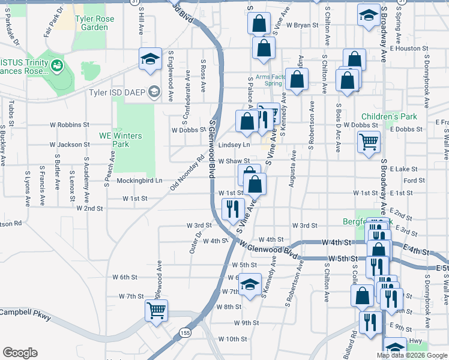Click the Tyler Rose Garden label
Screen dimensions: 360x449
[x=91, y=23]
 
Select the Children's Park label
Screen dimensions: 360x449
[x=389, y=116]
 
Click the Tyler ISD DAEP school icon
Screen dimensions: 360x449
[x=154, y=92]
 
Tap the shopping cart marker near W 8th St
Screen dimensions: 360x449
[x=156, y=311]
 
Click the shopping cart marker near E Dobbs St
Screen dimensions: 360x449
[x=369, y=143]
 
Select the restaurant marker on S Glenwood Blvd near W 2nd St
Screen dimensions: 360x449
[x=232, y=209]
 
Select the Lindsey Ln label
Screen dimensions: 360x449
[x=234, y=145]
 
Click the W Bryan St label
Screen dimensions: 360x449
[x=302, y=25]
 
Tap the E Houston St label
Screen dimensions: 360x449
[x=407, y=48]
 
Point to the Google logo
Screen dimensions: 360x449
[x=20, y=353]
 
